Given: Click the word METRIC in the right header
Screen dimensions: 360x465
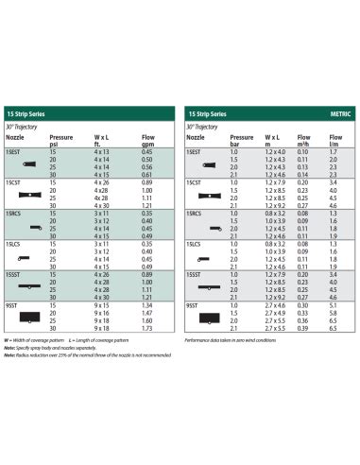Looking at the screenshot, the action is (337, 113).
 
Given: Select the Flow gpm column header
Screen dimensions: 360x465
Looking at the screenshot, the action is (147, 140).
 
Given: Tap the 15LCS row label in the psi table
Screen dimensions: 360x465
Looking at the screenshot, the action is (12, 244).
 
